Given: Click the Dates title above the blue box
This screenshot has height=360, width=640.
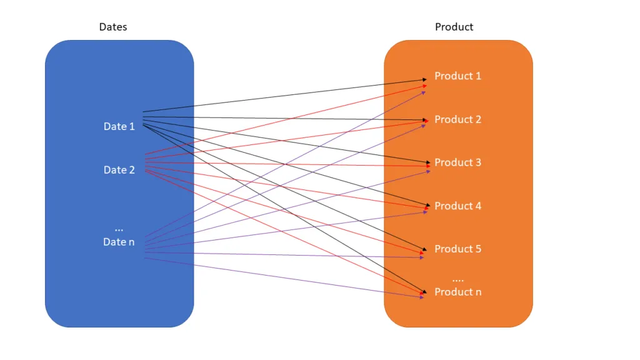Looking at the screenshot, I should point(112,27).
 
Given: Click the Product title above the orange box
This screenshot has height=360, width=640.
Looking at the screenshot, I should point(454,27).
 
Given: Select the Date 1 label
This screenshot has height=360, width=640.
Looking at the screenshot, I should point(119,126).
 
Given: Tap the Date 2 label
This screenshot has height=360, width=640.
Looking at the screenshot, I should point(119,169).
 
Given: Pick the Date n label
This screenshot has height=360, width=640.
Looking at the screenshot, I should point(119,242).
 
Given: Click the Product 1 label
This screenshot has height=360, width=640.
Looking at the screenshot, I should point(457,76).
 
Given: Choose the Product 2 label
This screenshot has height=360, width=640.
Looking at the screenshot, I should point(457,119).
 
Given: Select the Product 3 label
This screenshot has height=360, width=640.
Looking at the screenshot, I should point(457,162).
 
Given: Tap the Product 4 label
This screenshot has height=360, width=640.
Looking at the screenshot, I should point(457,206).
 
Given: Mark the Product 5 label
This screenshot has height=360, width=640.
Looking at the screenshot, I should point(457,249).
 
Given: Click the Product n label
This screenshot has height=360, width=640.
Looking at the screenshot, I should point(457,292).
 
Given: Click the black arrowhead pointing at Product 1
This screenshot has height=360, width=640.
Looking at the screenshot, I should point(426,79).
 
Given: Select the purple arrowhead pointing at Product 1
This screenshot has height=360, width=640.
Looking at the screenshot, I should point(424,91).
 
